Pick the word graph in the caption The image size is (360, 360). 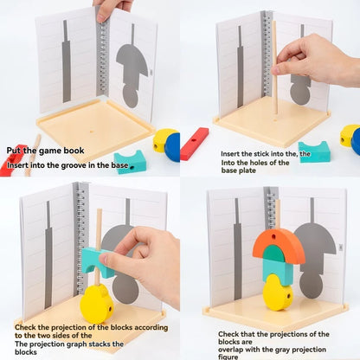[80, 337]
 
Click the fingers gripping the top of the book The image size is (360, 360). [111, 10]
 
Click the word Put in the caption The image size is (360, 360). [15, 148]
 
